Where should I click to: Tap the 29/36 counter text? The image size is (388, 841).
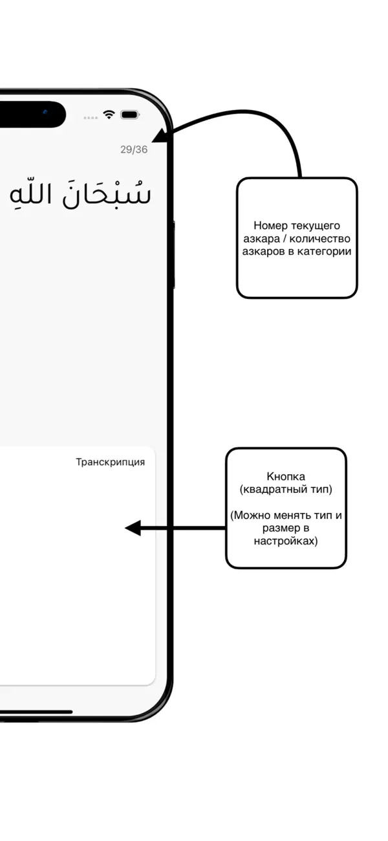[134, 149]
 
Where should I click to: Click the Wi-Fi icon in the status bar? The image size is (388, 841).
[109, 115]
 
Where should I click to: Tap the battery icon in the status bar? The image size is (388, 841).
[130, 115]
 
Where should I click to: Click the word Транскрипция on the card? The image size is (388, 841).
[110, 462]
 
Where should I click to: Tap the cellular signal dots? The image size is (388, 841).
[91, 118]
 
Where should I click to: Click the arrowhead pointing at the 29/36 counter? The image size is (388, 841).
[159, 135]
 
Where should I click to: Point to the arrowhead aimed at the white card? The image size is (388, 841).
[133, 528]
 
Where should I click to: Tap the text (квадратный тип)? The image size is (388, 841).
[286, 489]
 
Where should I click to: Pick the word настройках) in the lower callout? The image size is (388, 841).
[286, 541]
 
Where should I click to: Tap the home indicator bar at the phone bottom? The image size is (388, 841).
[32, 712]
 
